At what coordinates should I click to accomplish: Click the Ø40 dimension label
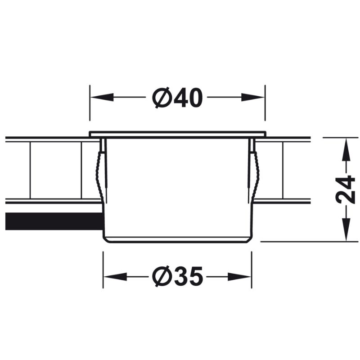pos(177,98)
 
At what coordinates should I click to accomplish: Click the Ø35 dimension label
pos(177,277)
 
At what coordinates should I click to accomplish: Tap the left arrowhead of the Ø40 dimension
pos(102,97)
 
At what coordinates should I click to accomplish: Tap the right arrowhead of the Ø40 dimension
pos(253,97)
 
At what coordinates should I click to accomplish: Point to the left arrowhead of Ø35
pos(116,277)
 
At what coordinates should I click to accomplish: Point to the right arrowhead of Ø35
pos(239,277)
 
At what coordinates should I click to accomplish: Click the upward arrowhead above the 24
pos(346,149)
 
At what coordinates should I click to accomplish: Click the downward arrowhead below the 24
pos(346,229)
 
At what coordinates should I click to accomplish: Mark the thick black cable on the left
pos(54,221)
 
